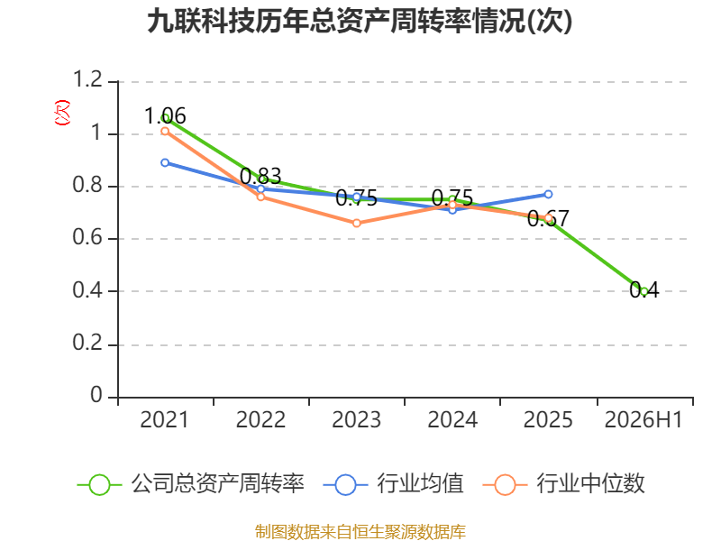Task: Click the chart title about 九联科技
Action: point(360,21)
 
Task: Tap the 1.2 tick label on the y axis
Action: point(87,79)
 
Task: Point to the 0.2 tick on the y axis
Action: point(87,343)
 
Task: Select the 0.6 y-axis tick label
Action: point(87,237)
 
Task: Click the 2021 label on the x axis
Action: point(164,419)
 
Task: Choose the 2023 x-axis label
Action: point(356,419)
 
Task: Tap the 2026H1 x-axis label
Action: point(643,419)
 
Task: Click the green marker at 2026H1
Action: point(643,291)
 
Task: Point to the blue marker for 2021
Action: point(165,163)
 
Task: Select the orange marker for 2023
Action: point(357,223)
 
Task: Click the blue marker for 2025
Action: point(548,195)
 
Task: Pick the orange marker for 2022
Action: point(260,197)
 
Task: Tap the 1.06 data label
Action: point(165,115)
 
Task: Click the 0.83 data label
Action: point(260,176)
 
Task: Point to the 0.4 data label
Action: point(643,289)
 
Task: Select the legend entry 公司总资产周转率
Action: point(190,484)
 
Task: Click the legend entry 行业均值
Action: point(394,484)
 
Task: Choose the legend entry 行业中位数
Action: point(564,484)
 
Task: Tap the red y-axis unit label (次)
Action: point(62,113)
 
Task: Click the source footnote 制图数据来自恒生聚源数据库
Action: point(360,532)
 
